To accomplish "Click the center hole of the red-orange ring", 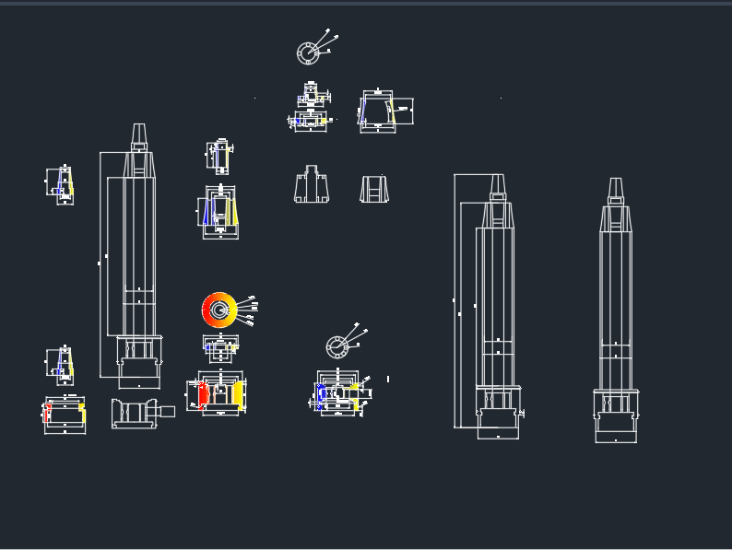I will click(218, 310).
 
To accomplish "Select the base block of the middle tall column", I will click(498, 427).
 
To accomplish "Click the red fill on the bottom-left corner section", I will click(47, 414).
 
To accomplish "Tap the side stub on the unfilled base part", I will click(167, 412).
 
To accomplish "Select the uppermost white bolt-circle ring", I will click(308, 53).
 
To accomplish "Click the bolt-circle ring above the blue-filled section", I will click(337, 347).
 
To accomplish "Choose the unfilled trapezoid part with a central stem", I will click(313, 186).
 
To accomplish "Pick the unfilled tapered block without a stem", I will click(373, 189).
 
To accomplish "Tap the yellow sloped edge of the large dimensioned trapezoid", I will click(392, 112).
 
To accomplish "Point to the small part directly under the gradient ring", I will click(220, 347).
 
